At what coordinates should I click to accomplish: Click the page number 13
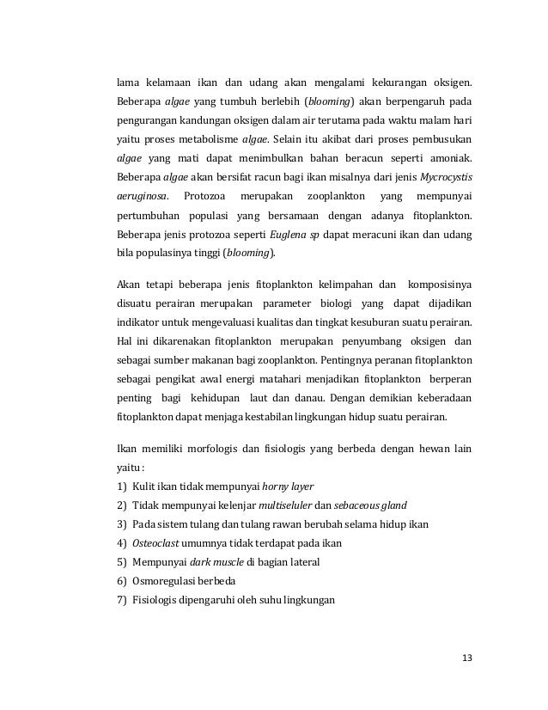(466, 658)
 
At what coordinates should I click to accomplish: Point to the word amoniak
(450, 157)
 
